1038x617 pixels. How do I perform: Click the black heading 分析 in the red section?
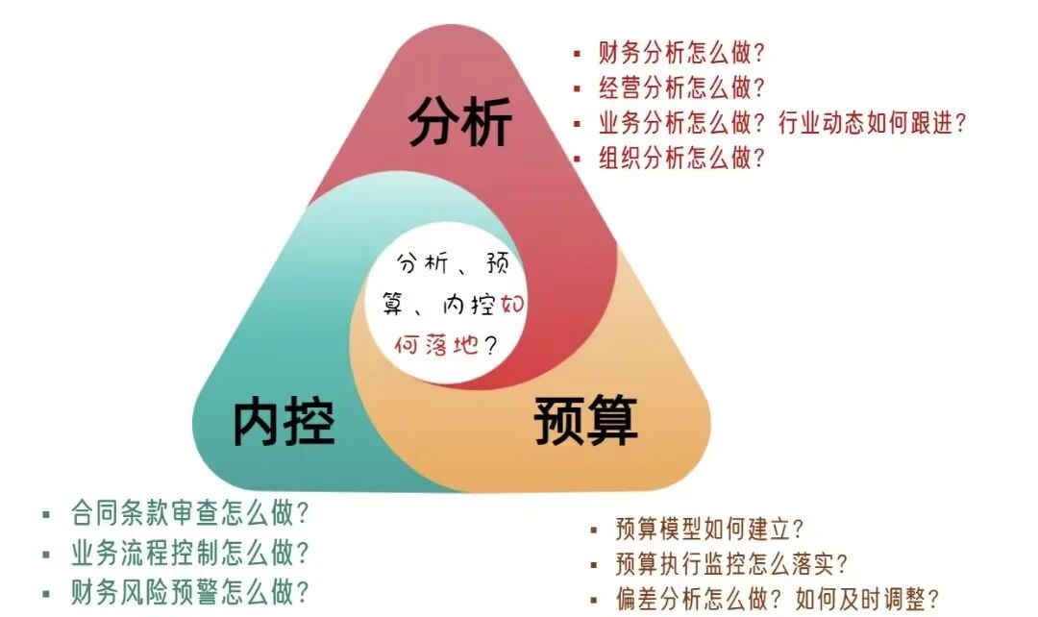point(460,122)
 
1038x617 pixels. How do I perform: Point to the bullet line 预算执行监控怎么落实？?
point(732,563)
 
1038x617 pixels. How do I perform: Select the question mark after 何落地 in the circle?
point(492,344)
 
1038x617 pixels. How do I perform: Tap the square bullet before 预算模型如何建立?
point(594,530)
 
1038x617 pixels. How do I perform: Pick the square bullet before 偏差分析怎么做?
point(594,600)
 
